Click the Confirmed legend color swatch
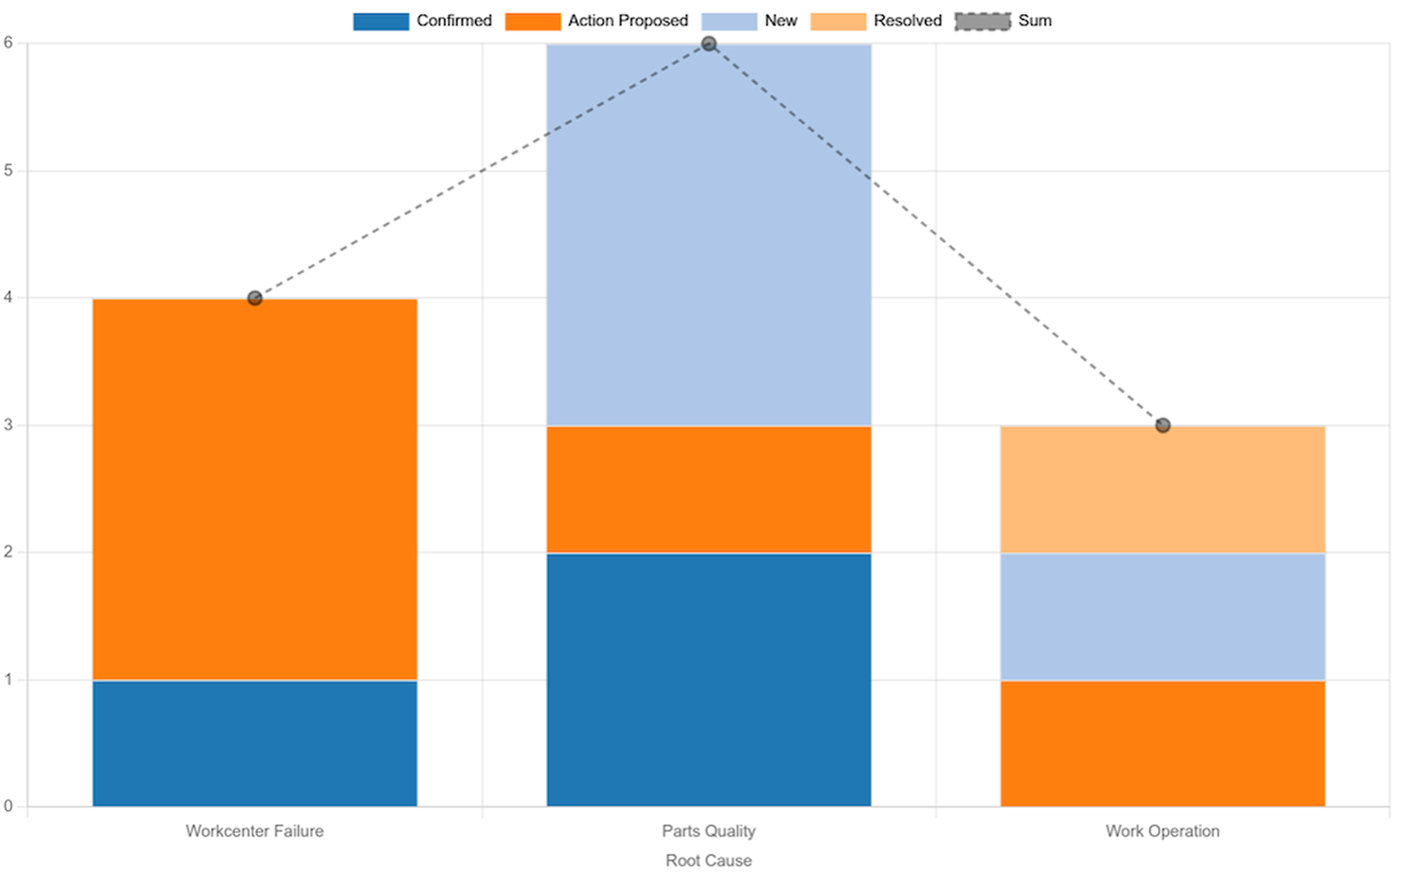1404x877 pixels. (x=381, y=21)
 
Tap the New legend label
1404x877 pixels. (x=780, y=21)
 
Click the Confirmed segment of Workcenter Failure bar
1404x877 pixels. (x=254, y=743)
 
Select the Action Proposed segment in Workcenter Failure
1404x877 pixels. (x=254, y=489)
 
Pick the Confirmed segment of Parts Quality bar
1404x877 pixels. (x=708, y=679)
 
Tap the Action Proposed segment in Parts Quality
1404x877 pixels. (x=708, y=489)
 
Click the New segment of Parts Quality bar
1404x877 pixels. (x=708, y=234)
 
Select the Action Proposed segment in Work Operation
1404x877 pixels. (x=1162, y=743)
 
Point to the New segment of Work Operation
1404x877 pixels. (x=1162, y=616)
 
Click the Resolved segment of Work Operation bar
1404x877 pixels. (x=1162, y=489)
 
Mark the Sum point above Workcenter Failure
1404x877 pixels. (x=254, y=298)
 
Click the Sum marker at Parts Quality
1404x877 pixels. (x=708, y=44)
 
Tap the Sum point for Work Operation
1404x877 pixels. (x=1162, y=426)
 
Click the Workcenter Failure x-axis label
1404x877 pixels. (x=254, y=830)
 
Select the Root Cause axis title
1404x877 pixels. (x=708, y=860)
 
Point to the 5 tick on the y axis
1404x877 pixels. (x=9, y=171)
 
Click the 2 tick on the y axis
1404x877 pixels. (x=9, y=552)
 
